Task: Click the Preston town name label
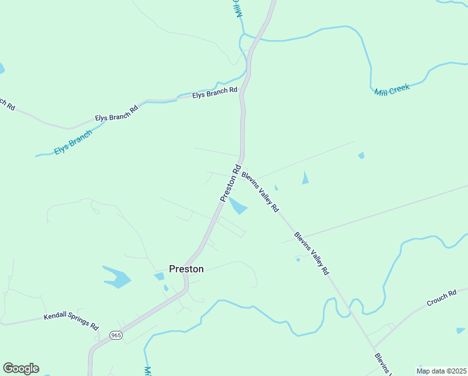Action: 186,269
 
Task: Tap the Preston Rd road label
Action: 230,183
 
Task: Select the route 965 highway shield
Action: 114,335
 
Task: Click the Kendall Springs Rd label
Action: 71,321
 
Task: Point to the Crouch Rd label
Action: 442,298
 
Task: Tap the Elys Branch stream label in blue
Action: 73,142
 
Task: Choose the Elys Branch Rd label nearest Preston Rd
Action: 215,93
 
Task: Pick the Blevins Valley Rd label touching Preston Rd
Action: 260,192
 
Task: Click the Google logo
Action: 21,368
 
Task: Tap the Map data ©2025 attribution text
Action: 440,371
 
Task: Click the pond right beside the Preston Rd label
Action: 238,206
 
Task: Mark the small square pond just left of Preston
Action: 159,276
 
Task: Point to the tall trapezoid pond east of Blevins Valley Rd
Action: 305,178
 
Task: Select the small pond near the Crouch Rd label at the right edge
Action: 460,330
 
